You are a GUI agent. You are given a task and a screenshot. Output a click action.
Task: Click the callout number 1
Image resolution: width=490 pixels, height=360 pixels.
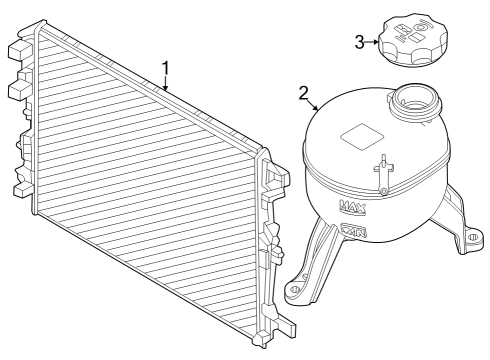tap(166, 68)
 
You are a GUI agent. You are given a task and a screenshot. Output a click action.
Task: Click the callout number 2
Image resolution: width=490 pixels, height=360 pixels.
tap(304, 94)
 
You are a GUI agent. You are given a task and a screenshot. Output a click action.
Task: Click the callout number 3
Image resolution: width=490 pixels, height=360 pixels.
tap(360, 41)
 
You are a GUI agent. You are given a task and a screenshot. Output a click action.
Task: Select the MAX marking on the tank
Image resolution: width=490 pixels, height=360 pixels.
tap(353, 208)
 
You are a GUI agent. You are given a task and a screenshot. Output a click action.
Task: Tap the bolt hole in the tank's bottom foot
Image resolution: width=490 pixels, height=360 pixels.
tap(295, 291)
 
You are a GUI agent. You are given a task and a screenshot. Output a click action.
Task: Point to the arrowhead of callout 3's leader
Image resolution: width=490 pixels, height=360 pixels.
tap(378, 42)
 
